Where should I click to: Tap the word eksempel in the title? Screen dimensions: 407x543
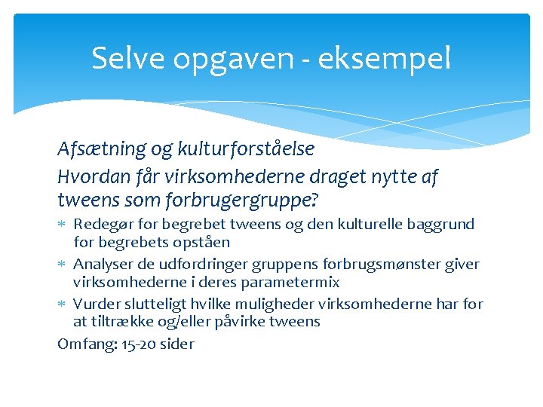pos(384,59)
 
